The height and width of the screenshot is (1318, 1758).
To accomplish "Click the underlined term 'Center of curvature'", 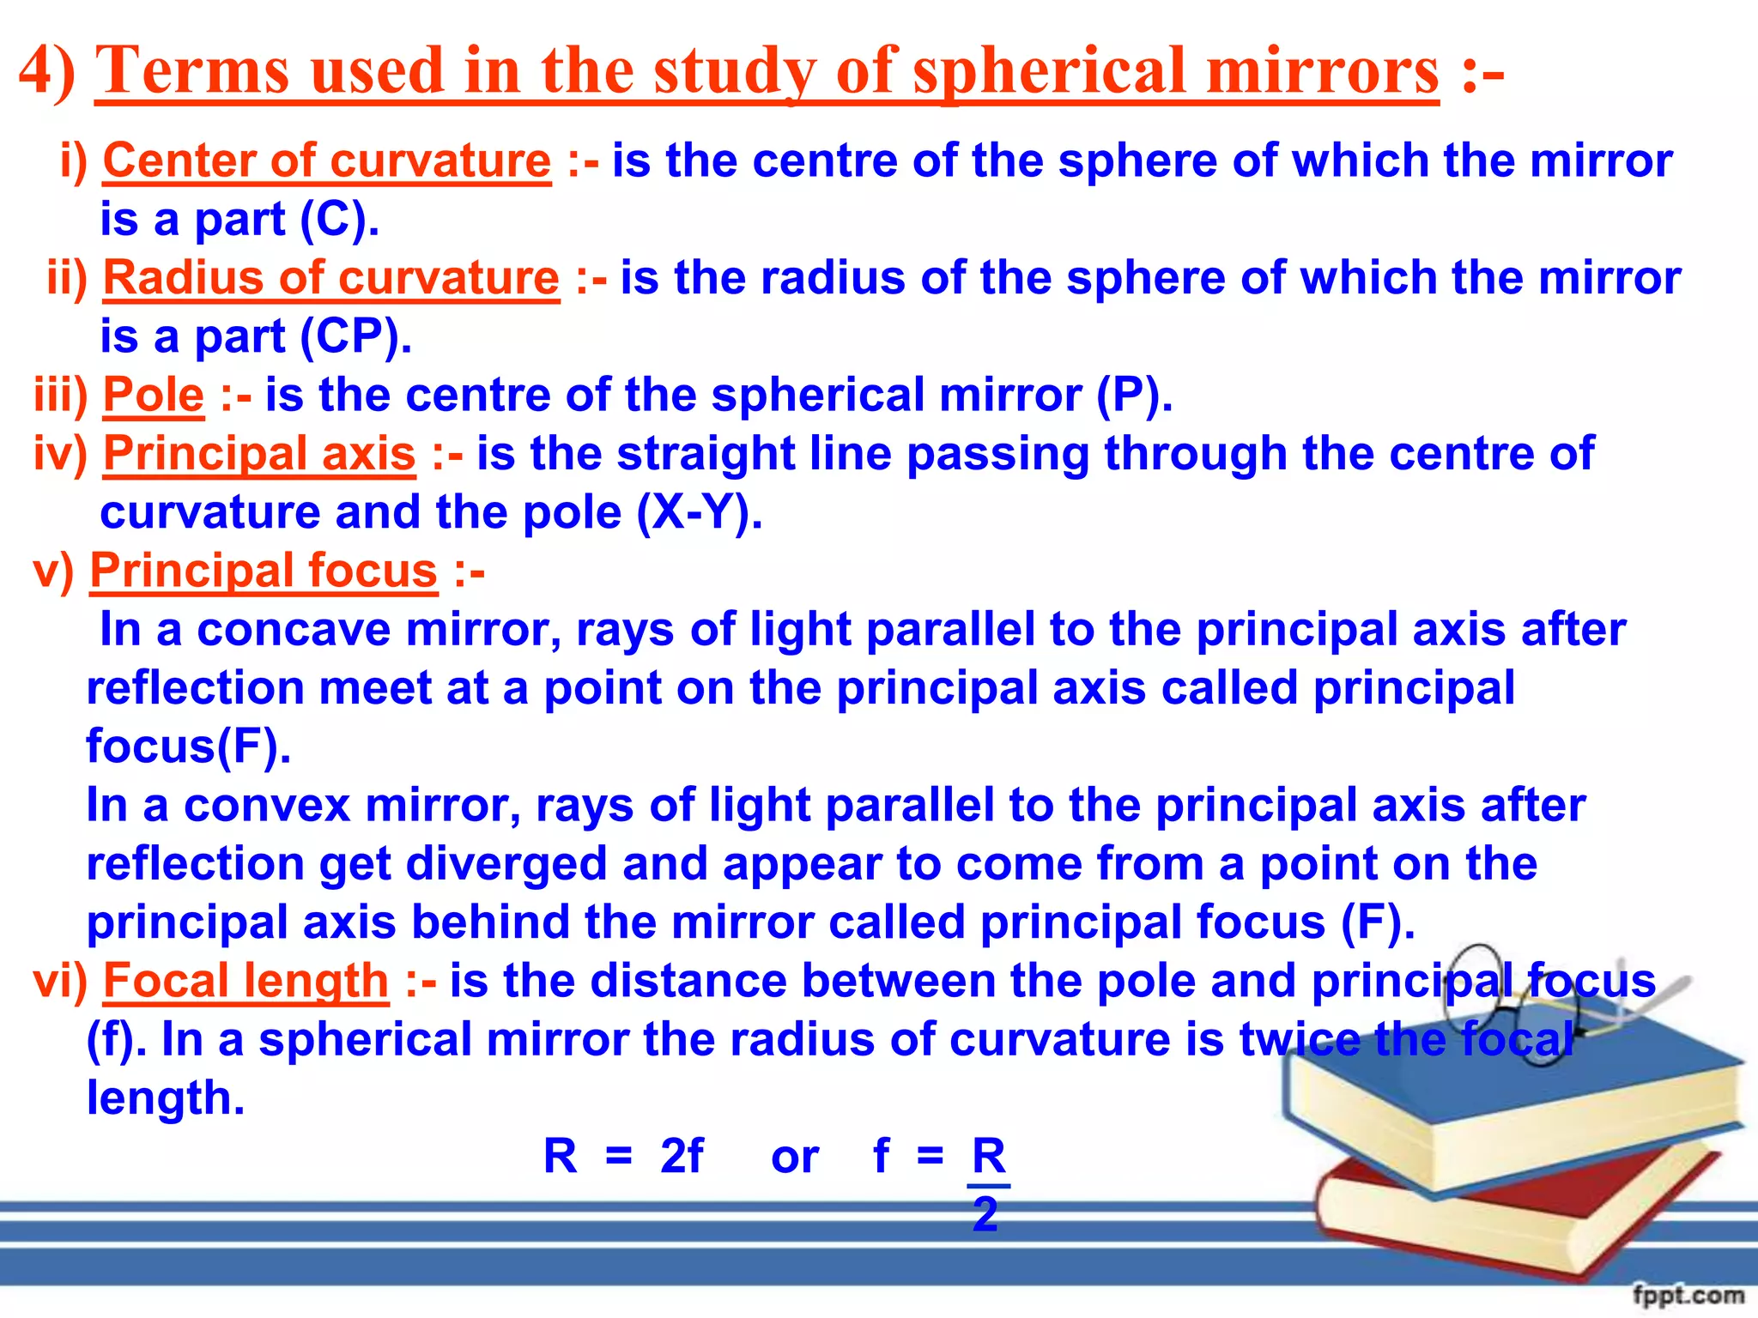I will [326, 161].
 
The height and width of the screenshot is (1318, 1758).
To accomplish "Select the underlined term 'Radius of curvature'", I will [331, 279].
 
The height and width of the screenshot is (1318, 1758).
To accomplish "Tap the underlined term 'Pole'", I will [154, 396].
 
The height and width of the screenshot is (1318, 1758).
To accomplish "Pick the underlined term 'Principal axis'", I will [259, 454].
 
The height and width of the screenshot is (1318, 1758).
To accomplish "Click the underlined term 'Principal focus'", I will [264, 571].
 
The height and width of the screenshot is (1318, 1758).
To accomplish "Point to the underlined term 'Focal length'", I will [246, 981].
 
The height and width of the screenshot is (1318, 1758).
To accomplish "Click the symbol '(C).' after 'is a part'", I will [339, 220].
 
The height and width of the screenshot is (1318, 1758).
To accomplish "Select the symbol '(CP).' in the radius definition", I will [355, 337].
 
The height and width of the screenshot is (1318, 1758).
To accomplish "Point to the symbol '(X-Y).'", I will [699, 513].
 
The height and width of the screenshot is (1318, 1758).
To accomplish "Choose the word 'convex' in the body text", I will [267, 806].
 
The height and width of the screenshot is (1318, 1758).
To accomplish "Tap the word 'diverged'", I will [506, 864].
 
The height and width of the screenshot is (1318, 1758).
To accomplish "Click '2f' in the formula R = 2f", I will [682, 1156].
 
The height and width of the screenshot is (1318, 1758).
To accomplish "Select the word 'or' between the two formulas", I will [795, 1158].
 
